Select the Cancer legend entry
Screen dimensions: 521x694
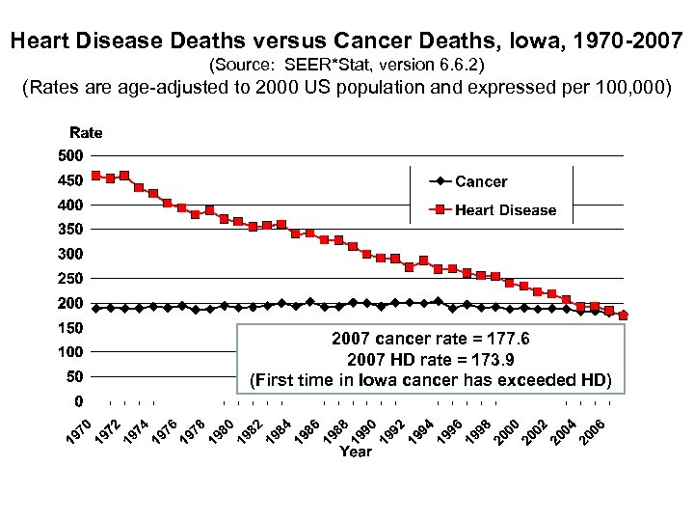tap(480, 181)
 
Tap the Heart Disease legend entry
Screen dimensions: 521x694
tap(505, 209)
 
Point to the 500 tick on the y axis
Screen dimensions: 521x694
tap(70, 155)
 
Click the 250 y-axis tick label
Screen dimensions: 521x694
tap(70, 278)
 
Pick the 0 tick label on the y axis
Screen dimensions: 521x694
tap(78, 400)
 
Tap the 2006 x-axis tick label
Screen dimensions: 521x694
tap(592, 430)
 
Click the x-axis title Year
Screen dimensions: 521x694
tap(356, 452)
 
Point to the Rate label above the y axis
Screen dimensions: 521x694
tap(85, 132)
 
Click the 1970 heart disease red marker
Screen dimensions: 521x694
tap(95, 176)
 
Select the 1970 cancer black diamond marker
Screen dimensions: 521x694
tap(95, 308)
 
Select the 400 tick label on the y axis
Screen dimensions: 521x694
tap(70, 205)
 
